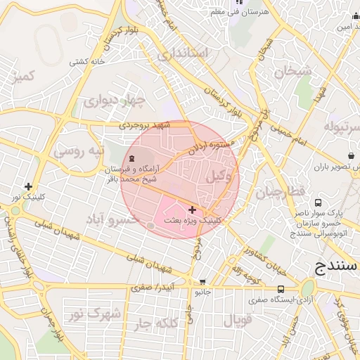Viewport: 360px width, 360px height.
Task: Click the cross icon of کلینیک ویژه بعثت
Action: point(193,210)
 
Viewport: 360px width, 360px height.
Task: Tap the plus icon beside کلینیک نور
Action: point(27,186)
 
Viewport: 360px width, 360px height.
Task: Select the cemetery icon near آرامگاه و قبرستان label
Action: point(134,157)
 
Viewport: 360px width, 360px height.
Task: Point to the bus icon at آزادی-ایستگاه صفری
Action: point(281,288)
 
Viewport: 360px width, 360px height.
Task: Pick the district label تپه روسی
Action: point(79,150)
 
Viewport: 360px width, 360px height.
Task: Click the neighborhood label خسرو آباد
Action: point(115,221)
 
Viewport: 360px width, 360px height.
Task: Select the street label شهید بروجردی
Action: point(146,125)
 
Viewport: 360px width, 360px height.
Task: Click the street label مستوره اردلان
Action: point(211,148)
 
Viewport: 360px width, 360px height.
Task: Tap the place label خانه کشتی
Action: point(87,61)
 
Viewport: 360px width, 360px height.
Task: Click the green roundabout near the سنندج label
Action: point(308,288)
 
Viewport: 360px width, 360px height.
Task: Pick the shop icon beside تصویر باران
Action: point(350,155)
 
